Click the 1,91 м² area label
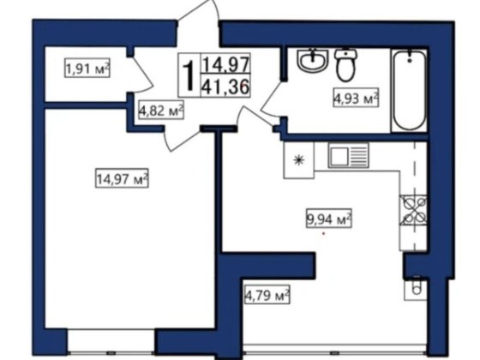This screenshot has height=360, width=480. (87, 69)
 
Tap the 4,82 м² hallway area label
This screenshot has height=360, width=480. (161, 110)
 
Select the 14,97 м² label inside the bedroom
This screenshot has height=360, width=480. (122, 178)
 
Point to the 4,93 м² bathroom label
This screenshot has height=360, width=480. (356, 98)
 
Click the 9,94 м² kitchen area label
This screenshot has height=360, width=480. (329, 219)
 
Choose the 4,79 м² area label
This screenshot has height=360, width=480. (267, 295)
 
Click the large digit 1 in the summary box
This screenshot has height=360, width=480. (189, 75)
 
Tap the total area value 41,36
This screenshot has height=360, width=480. (225, 86)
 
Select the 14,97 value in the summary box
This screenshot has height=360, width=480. (225, 63)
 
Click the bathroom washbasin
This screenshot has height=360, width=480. (312, 61)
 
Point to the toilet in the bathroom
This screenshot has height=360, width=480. (346, 65)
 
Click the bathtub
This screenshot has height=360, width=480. (410, 91)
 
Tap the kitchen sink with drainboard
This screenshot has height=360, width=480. (348, 155)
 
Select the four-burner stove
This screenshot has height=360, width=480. (412, 210)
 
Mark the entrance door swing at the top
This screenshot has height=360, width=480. (198, 12)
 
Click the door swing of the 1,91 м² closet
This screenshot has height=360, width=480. (141, 74)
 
